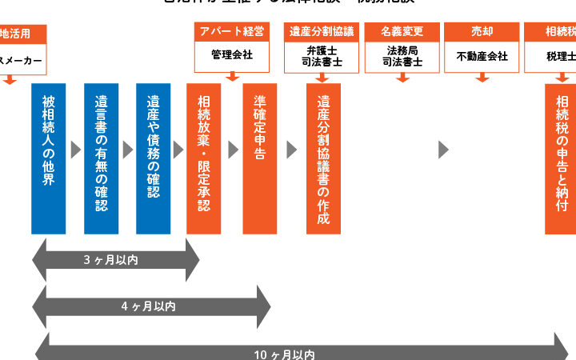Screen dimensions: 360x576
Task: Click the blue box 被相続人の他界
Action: point(49,158)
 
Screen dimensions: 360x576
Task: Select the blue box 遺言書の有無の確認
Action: point(101,158)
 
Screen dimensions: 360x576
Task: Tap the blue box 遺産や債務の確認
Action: point(153,158)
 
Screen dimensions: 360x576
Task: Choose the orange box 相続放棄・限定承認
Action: point(203,158)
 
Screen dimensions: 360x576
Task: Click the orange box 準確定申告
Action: point(260,158)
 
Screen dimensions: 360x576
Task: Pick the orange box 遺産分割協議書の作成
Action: point(323,158)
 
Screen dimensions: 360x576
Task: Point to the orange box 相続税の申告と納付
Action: point(561,158)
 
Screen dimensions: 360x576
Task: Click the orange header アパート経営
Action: point(232,32)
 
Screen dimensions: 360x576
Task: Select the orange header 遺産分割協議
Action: point(322,32)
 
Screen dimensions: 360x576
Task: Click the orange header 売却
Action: point(482,32)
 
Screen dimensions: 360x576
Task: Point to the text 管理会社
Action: point(232,56)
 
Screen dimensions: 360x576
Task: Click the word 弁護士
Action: point(322,50)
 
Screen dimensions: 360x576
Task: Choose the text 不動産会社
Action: point(482,56)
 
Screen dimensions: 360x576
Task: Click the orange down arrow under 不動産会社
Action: point(482,78)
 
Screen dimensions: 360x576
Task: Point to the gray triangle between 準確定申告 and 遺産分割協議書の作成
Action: point(292,150)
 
